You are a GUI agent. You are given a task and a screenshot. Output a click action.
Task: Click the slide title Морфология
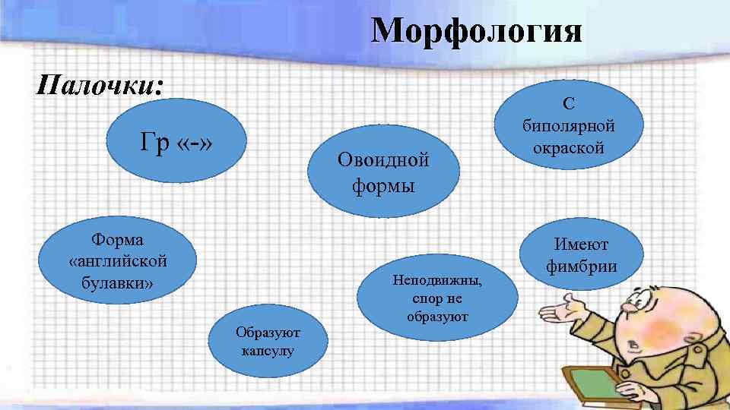tap(477, 32)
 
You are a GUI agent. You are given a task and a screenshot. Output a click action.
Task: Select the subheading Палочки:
tap(100, 84)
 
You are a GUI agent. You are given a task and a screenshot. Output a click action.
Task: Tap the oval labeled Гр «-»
tap(176, 142)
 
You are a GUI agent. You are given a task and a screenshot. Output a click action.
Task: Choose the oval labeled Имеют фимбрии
tap(581, 255)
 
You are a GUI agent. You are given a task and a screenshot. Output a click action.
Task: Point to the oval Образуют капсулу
tap(267, 341)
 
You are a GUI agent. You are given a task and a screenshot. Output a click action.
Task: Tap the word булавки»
tap(117, 283)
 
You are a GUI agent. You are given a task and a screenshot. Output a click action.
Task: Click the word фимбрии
tap(581, 266)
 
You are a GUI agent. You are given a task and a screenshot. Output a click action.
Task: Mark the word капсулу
tap(267, 351)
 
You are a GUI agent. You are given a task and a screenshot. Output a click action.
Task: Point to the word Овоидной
tap(383, 160)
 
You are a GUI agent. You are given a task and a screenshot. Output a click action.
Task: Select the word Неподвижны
tap(437, 279)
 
